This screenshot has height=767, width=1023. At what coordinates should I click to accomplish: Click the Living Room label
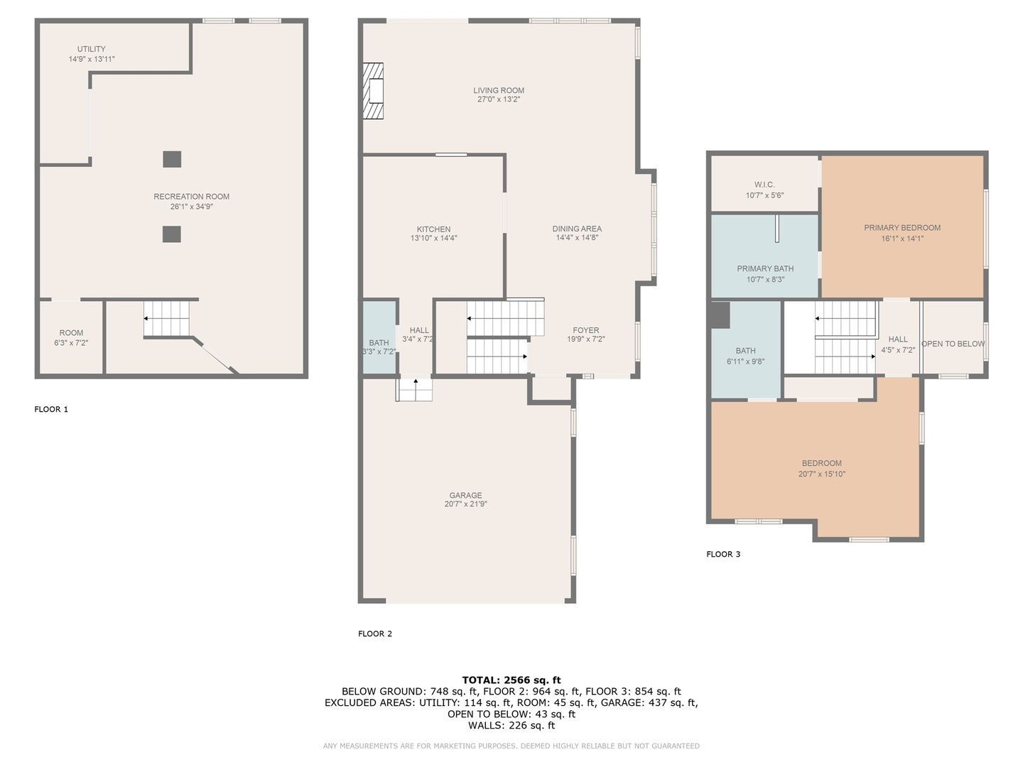[499, 90]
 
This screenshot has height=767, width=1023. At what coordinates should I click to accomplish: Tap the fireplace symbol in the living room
[374, 91]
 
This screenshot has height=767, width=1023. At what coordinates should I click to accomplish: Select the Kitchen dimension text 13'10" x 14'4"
[433, 239]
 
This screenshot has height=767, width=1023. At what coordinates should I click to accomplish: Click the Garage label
[465, 495]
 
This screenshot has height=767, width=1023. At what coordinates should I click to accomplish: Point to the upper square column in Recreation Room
[172, 159]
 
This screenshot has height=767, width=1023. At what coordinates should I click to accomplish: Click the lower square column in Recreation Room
[171, 234]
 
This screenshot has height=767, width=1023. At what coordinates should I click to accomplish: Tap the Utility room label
[92, 49]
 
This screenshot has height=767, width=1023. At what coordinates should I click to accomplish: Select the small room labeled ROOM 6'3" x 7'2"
[71, 338]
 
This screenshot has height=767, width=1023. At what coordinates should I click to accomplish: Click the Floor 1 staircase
[168, 318]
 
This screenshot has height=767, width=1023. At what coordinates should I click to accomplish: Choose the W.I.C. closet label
[764, 185]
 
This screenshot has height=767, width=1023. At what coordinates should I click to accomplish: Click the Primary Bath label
[765, 268]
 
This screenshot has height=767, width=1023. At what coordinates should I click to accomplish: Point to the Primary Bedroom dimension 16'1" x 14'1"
[902, 239]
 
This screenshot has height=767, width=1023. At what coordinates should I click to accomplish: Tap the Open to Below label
[953, 344]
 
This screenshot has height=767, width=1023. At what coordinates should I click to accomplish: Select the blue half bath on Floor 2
[379, 338]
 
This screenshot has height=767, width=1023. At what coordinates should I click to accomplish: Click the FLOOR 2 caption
[375, 633]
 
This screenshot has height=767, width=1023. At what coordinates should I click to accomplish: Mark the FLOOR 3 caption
[723, 554]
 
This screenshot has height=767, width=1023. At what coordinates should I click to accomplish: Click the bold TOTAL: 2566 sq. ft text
[511, 680]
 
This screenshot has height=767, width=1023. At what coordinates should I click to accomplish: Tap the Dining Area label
[577, 229]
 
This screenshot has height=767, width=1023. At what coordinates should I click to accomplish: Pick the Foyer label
[586, 330]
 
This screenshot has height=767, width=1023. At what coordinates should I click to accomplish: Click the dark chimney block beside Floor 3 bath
[720, 315]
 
